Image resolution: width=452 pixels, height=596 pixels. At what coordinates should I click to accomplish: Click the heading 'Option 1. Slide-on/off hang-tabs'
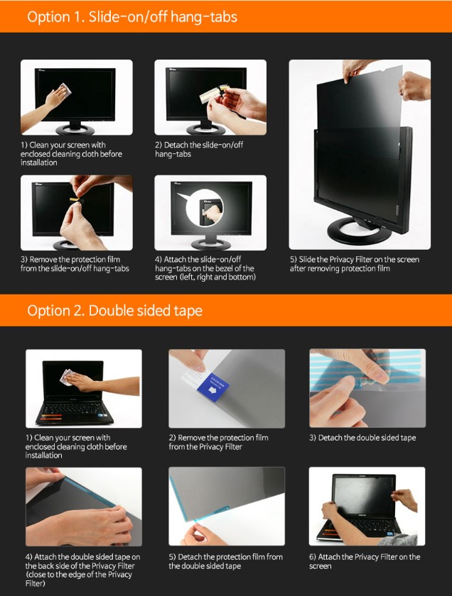pos(132,17)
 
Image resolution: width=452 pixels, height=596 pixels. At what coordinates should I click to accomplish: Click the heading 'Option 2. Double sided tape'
pos(114,311)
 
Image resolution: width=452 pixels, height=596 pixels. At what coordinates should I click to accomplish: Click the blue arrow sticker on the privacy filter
pos(213,389)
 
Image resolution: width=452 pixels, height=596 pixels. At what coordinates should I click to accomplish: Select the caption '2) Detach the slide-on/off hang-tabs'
pos(199,150)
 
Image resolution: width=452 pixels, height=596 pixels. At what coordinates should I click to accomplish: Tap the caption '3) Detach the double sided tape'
pos(362,438)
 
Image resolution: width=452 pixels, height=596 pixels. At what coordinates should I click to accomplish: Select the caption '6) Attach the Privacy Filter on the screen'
pos(365,561)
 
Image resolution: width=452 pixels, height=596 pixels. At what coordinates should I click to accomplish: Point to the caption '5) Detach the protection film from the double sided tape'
pos(226,561)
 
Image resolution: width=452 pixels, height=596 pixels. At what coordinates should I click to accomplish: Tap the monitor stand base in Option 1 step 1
pos(75,130)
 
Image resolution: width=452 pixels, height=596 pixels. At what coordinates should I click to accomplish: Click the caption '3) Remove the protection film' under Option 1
pos(70,260)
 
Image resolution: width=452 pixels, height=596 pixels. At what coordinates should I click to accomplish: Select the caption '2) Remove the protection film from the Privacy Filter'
pos(219,442)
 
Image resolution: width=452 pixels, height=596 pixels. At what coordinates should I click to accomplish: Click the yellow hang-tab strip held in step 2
pos(210,95)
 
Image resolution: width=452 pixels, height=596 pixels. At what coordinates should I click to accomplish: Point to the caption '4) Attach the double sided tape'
pos(82,557)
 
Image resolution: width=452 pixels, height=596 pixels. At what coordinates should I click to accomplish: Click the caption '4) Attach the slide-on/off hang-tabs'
pos(198,260)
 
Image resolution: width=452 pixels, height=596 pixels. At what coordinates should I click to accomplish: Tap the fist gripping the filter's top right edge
pos(414,86)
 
